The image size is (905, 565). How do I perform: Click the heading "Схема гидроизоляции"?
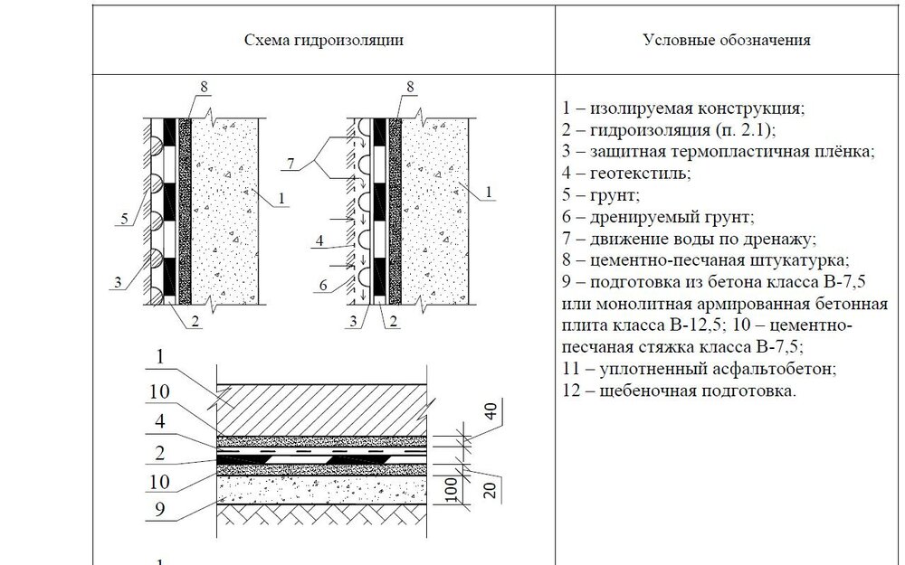(x=324, y=40)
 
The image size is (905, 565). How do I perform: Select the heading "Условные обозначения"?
(x=727, y=40)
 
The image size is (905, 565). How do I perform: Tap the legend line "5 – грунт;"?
(x=601, y=195)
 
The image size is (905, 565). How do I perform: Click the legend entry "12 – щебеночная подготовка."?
(x=680, y=391)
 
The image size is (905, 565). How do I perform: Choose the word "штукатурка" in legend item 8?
(x=797, y=260)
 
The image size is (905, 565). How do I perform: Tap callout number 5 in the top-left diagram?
(x=124, y=219)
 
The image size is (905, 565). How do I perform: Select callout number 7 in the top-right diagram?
(x=291, y=164)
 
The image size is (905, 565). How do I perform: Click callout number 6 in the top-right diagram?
(x=323, y=285)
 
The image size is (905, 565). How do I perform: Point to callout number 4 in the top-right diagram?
(x=319, y=241)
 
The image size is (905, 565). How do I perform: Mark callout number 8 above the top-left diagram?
(x=204, y=87)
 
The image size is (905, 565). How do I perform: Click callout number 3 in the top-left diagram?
(x=118, y=282)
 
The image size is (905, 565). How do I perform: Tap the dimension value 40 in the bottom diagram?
(x=490, y=411)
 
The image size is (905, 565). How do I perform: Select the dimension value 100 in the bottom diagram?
(x=452, y=489)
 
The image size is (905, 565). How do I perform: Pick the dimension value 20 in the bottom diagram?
(x=490, y=489)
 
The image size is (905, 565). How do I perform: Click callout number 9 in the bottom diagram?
(x=160, y=509)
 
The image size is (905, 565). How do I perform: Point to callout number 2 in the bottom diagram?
(x=160, y=453)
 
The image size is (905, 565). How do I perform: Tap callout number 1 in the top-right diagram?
(x=489, y=192)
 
